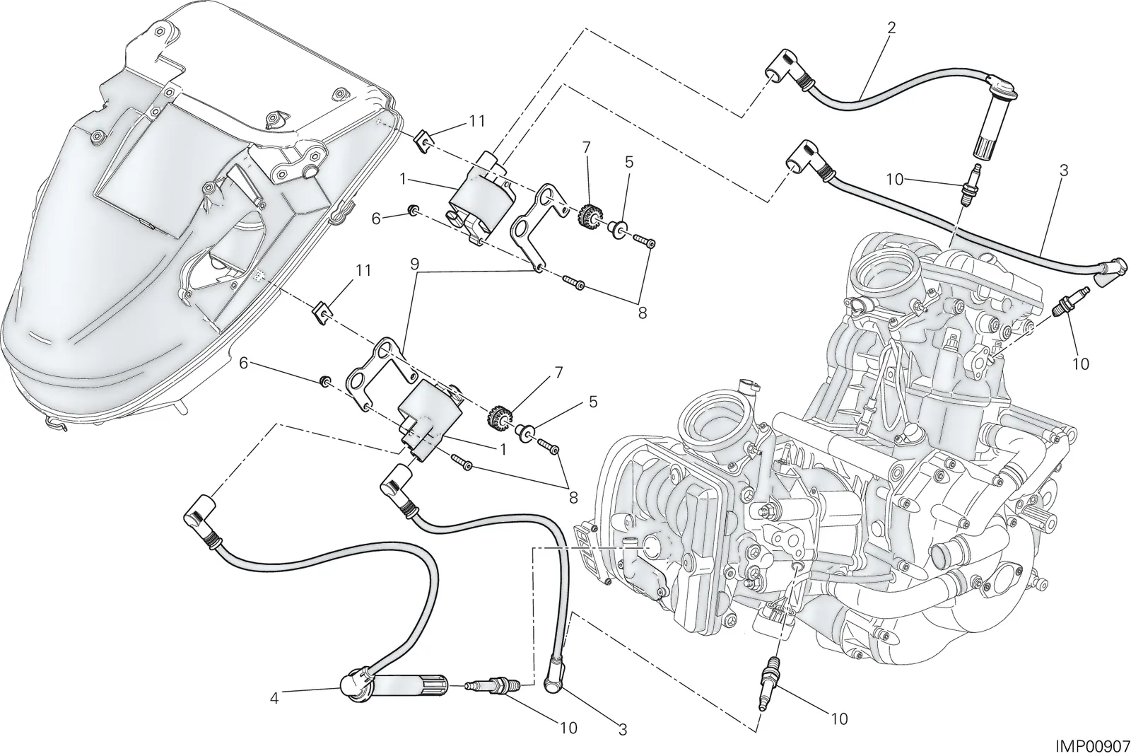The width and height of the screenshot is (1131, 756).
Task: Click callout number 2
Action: click(891, 28)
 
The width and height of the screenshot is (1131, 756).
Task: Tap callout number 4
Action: click(274, 698)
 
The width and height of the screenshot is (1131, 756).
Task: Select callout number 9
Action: click(414, 264)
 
